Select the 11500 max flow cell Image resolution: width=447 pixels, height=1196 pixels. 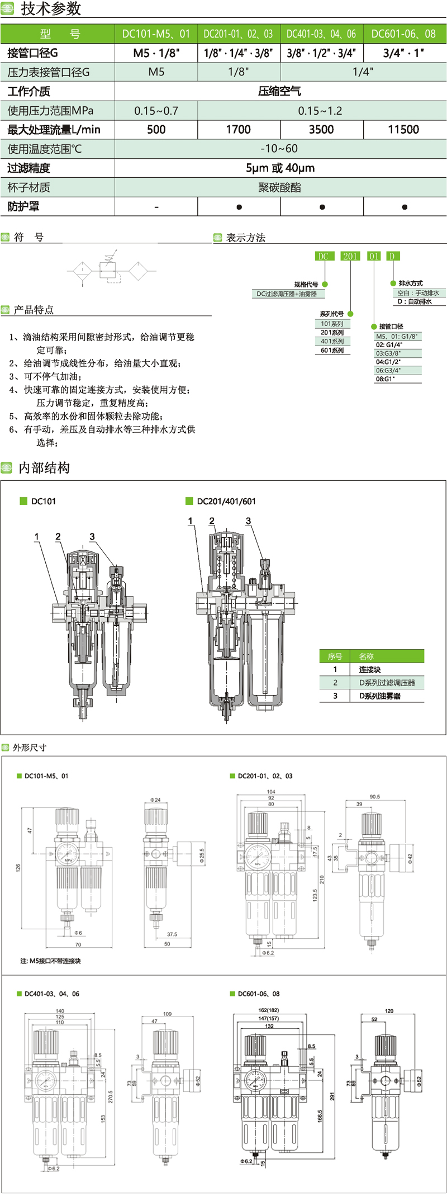[403, 130]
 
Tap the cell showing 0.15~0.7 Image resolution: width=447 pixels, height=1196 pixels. [156, 111]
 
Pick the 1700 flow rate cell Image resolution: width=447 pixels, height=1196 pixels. [238, 130]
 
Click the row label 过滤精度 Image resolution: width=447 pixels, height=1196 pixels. [29, 168]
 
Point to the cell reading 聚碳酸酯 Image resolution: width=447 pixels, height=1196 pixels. [279, 187]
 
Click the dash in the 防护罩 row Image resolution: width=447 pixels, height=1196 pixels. [156, 207]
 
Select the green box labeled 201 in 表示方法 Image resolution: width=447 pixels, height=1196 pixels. [350, 256]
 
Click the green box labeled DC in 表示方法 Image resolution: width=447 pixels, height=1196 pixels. [323, 256]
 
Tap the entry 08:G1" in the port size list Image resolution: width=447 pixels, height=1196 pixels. [386, 379]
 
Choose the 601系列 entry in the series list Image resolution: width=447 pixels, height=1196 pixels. [332, 351]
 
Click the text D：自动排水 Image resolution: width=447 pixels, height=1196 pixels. [415, 301]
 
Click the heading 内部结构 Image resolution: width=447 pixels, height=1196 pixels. [44, 468]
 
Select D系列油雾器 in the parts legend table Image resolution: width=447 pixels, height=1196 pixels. [380, 696]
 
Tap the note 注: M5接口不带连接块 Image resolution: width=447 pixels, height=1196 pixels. [51, 961]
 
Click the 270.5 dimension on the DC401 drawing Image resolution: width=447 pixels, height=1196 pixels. [111, 1096]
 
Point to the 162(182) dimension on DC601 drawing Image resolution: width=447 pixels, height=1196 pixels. [269, 1010]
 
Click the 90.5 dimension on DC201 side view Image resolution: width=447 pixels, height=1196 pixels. [374, 797]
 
